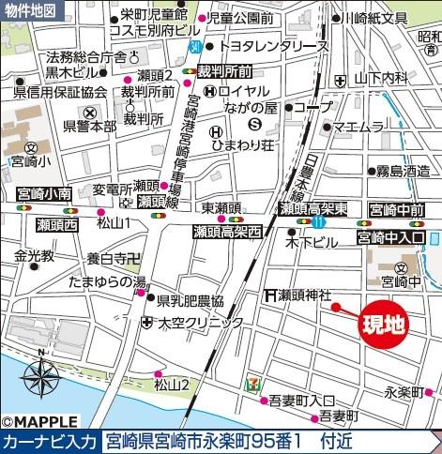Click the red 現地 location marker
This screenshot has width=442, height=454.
pos(385,325)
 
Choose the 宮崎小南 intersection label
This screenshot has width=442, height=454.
pos(44,194)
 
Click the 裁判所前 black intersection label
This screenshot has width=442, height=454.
pos(224,70)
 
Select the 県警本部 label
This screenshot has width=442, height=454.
pos(88,125)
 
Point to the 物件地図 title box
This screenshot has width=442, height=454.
pos(29,8)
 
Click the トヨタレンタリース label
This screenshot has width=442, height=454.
pos(273,46)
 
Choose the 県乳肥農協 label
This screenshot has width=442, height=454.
pos(191,301)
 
